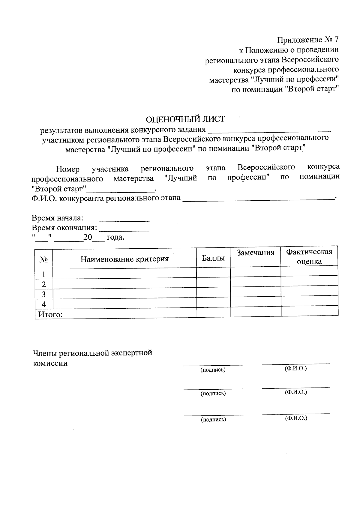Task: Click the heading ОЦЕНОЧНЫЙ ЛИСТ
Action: tap(185, 119)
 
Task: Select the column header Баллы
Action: tap(213, 258)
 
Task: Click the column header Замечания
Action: tap(255, 253)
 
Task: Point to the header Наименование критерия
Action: tap(124, 259)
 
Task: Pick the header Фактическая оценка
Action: tap(309, 256)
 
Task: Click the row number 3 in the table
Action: tap(44, 294)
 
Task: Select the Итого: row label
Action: tap(50, 314)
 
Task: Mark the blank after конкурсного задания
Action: tap(269, 130)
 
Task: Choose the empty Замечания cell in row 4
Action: tap(256, 302)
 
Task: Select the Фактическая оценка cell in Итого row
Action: tap(309, 311)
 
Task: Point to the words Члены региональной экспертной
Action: tap(92, 353)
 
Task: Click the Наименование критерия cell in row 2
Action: tap(124, 284)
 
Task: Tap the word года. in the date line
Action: tap(115, 238)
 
